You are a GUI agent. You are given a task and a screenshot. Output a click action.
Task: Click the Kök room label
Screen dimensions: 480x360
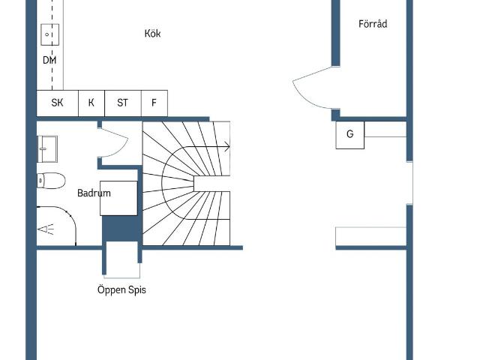click(152, 33)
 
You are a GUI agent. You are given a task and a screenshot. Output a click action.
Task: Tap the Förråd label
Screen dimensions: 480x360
click(373, 24)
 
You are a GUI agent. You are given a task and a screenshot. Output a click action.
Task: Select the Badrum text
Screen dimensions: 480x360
click(94, 193)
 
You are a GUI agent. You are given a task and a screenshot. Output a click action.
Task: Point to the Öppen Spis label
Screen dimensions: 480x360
click(121, 289)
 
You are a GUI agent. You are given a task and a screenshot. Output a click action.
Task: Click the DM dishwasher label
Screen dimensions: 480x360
click(49, 60)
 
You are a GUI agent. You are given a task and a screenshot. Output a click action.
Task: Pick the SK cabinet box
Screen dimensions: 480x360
click(58, 103)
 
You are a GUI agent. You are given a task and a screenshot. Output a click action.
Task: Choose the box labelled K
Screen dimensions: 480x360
click(91, 103)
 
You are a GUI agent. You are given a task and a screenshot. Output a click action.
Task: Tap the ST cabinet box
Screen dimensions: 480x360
click(123, 103)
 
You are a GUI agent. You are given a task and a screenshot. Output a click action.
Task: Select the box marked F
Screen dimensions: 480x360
click(154, 103)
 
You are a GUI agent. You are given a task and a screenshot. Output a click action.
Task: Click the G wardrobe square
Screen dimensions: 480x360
click(350, 135)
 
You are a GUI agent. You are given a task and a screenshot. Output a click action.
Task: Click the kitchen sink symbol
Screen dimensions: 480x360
click(50, 34)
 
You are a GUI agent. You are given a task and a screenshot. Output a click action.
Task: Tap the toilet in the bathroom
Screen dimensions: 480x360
click(51, 181)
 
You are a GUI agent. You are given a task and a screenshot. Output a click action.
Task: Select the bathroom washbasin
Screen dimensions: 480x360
click(47, 148)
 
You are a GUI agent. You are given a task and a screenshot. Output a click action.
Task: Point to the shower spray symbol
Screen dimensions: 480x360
click(46, 229)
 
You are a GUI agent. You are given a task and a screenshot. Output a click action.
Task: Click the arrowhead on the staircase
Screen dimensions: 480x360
click(226, 147)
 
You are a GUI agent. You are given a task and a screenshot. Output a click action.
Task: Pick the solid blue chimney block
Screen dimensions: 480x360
click(120, 228)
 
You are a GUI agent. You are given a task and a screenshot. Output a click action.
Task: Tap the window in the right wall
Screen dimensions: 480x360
click(409, 183)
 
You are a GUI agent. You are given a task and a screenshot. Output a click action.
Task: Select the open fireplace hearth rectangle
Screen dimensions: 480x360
click(121, 260)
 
